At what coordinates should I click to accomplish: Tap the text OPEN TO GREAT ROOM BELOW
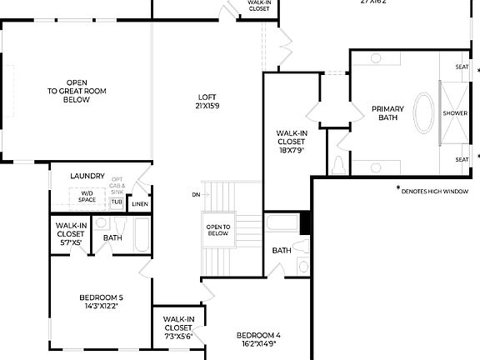coord(76,91)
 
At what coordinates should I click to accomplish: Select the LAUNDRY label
coord(87,176)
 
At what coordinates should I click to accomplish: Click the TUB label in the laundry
coord(117,202)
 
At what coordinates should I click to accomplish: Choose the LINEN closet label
coord(140,204)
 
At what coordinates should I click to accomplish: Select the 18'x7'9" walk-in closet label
coord(291,141)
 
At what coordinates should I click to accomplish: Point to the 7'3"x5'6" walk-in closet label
coord(178,327)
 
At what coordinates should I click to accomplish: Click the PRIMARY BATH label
coord(387,113)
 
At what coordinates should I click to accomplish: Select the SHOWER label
coord(455,112)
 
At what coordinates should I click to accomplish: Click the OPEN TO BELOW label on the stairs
coord(217,230)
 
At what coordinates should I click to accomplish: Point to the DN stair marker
coord(195,194)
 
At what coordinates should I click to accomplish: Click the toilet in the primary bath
coord(338,165)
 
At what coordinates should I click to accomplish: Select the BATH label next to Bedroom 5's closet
coord(112,237)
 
